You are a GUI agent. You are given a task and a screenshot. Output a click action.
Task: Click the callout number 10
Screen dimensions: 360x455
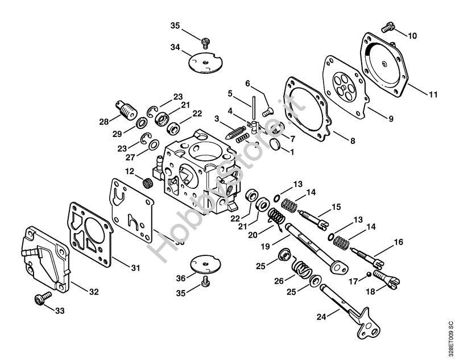pos(412,36)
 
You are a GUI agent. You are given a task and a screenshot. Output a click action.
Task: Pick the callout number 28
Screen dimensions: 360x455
pos(104,121)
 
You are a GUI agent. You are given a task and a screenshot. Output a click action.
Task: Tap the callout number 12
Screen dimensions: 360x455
pos(130,171)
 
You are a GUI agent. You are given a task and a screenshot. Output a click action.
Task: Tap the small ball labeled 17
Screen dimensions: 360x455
pos(369,274)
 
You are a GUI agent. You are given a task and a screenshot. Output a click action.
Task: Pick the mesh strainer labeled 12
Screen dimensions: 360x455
pos(148,183)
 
